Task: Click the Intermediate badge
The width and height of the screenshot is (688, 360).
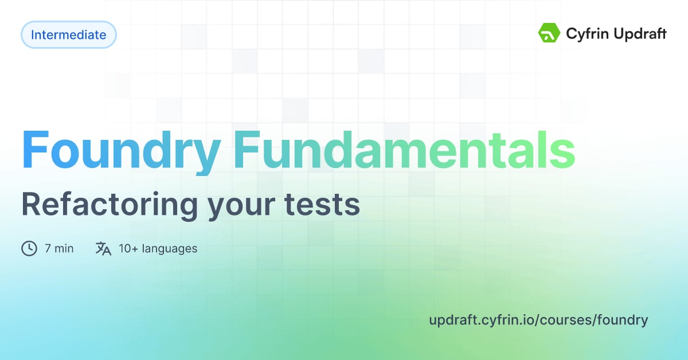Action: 68,35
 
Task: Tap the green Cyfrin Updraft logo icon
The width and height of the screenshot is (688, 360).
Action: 549,33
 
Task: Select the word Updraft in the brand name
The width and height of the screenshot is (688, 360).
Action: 638,34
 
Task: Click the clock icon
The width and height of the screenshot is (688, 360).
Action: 29,248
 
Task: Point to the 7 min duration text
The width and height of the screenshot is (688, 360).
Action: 59,249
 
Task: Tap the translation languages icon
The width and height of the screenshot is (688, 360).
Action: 103,248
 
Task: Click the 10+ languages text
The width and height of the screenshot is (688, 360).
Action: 158,249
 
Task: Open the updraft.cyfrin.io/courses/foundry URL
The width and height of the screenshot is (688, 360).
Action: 538,320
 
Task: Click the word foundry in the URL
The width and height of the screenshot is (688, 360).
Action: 622,320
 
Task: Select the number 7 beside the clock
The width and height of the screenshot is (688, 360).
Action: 48,249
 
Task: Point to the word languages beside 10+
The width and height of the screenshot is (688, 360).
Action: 170,249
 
